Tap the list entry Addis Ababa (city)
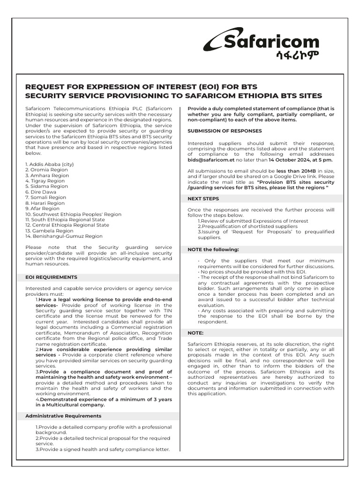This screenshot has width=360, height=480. pos(50,164)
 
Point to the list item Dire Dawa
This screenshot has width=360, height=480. pos(42,192)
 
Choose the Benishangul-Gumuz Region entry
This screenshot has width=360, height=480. pos(64,236)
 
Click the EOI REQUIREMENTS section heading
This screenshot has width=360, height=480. pos(51,277)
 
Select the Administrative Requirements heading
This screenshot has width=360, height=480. pos(63,416)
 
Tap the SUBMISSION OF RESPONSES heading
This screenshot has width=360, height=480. pos(225,131)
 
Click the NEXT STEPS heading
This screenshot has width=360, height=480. pos(203,199)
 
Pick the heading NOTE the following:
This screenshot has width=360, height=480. pos(213,249)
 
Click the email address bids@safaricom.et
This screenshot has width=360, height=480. pos(211,159)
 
